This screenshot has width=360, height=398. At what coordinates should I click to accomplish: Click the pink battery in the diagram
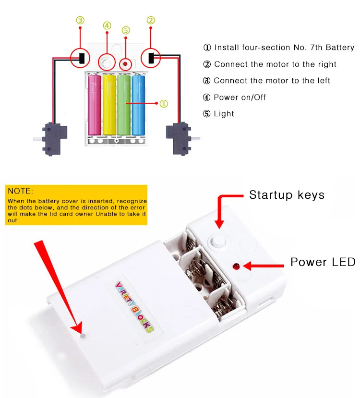pos(95,105)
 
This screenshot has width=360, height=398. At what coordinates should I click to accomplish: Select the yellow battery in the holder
pos(109,105)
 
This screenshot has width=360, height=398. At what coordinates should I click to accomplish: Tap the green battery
pos(124,105)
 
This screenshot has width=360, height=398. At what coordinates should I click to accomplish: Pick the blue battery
pos(139,105)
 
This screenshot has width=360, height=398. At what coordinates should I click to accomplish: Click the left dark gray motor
pos(53,139)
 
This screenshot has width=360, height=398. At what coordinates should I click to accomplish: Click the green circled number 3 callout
pos(80,20)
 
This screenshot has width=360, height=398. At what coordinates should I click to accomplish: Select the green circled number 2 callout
pos(151,20)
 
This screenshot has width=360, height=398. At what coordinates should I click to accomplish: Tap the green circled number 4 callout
pos(107,25)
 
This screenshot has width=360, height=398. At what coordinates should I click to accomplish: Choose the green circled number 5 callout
pos(126,30)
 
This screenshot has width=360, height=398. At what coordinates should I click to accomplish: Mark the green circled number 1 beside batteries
pos(164,104)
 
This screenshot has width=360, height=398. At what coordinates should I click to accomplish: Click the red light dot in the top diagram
pos(125,64)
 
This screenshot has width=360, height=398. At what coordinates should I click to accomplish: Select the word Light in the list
pos(224,114)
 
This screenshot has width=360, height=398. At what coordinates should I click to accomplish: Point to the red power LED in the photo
pos(236,266)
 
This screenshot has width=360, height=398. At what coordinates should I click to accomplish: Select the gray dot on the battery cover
pos(83,336)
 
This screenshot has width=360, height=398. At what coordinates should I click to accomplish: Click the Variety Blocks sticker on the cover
pos(134,307)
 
